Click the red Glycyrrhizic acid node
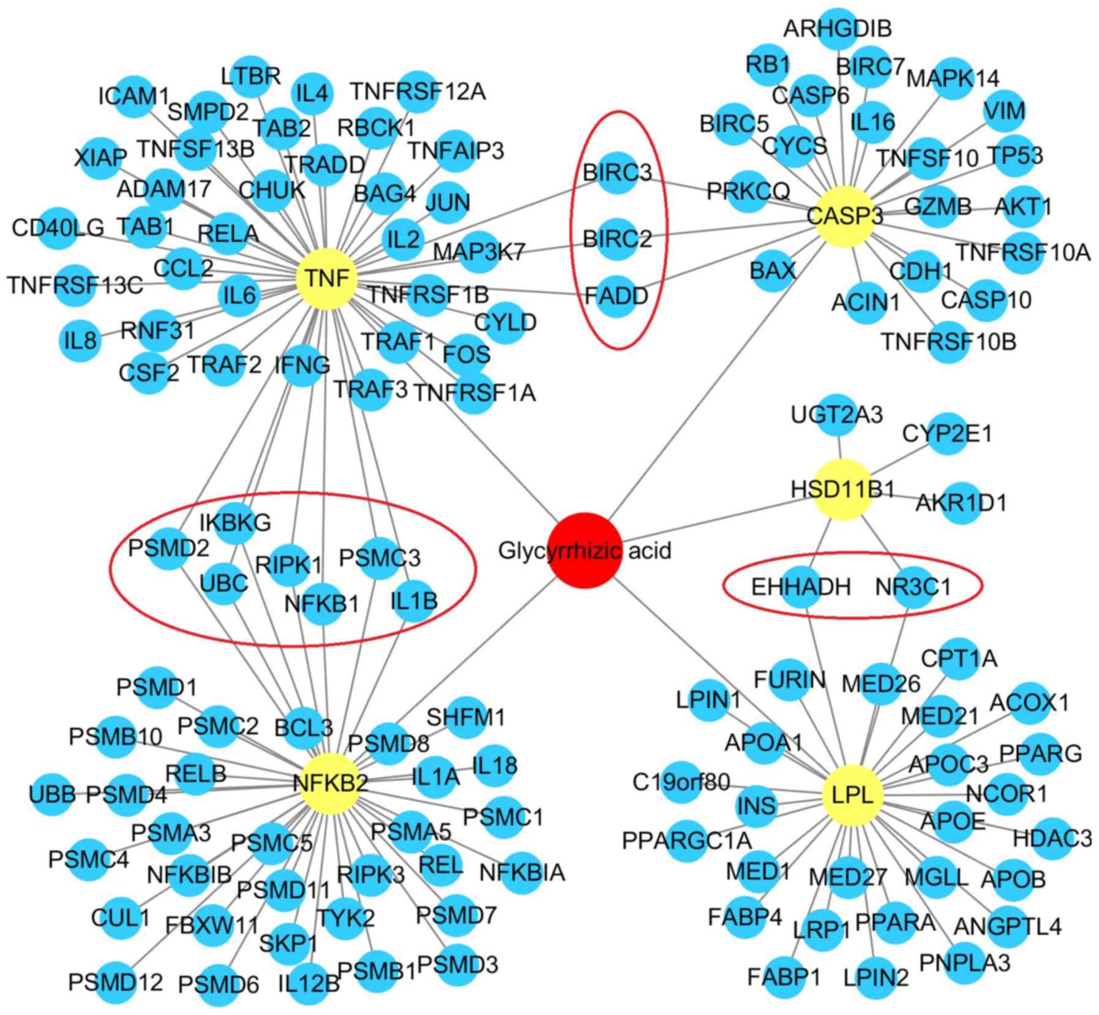pos(585,551)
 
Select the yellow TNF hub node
pos(327,279)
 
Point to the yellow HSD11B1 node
pos(843,489)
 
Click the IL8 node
pos(80,339)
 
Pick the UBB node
pos(52,795)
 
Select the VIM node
pos(1005,111)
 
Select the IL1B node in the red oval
pos(414,601)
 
